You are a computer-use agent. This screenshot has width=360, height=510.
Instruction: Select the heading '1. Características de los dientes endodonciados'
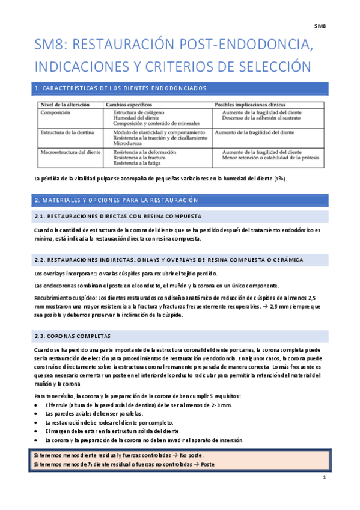coord(120,88)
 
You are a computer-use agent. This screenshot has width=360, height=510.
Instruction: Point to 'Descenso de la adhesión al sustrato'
coord(271,118)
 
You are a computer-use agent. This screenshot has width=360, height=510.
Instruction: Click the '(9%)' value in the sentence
coord(279,179)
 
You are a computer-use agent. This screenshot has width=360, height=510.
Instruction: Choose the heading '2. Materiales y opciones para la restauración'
coord(117,200)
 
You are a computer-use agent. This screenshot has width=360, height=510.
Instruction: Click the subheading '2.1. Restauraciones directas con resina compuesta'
coord(118,215)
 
